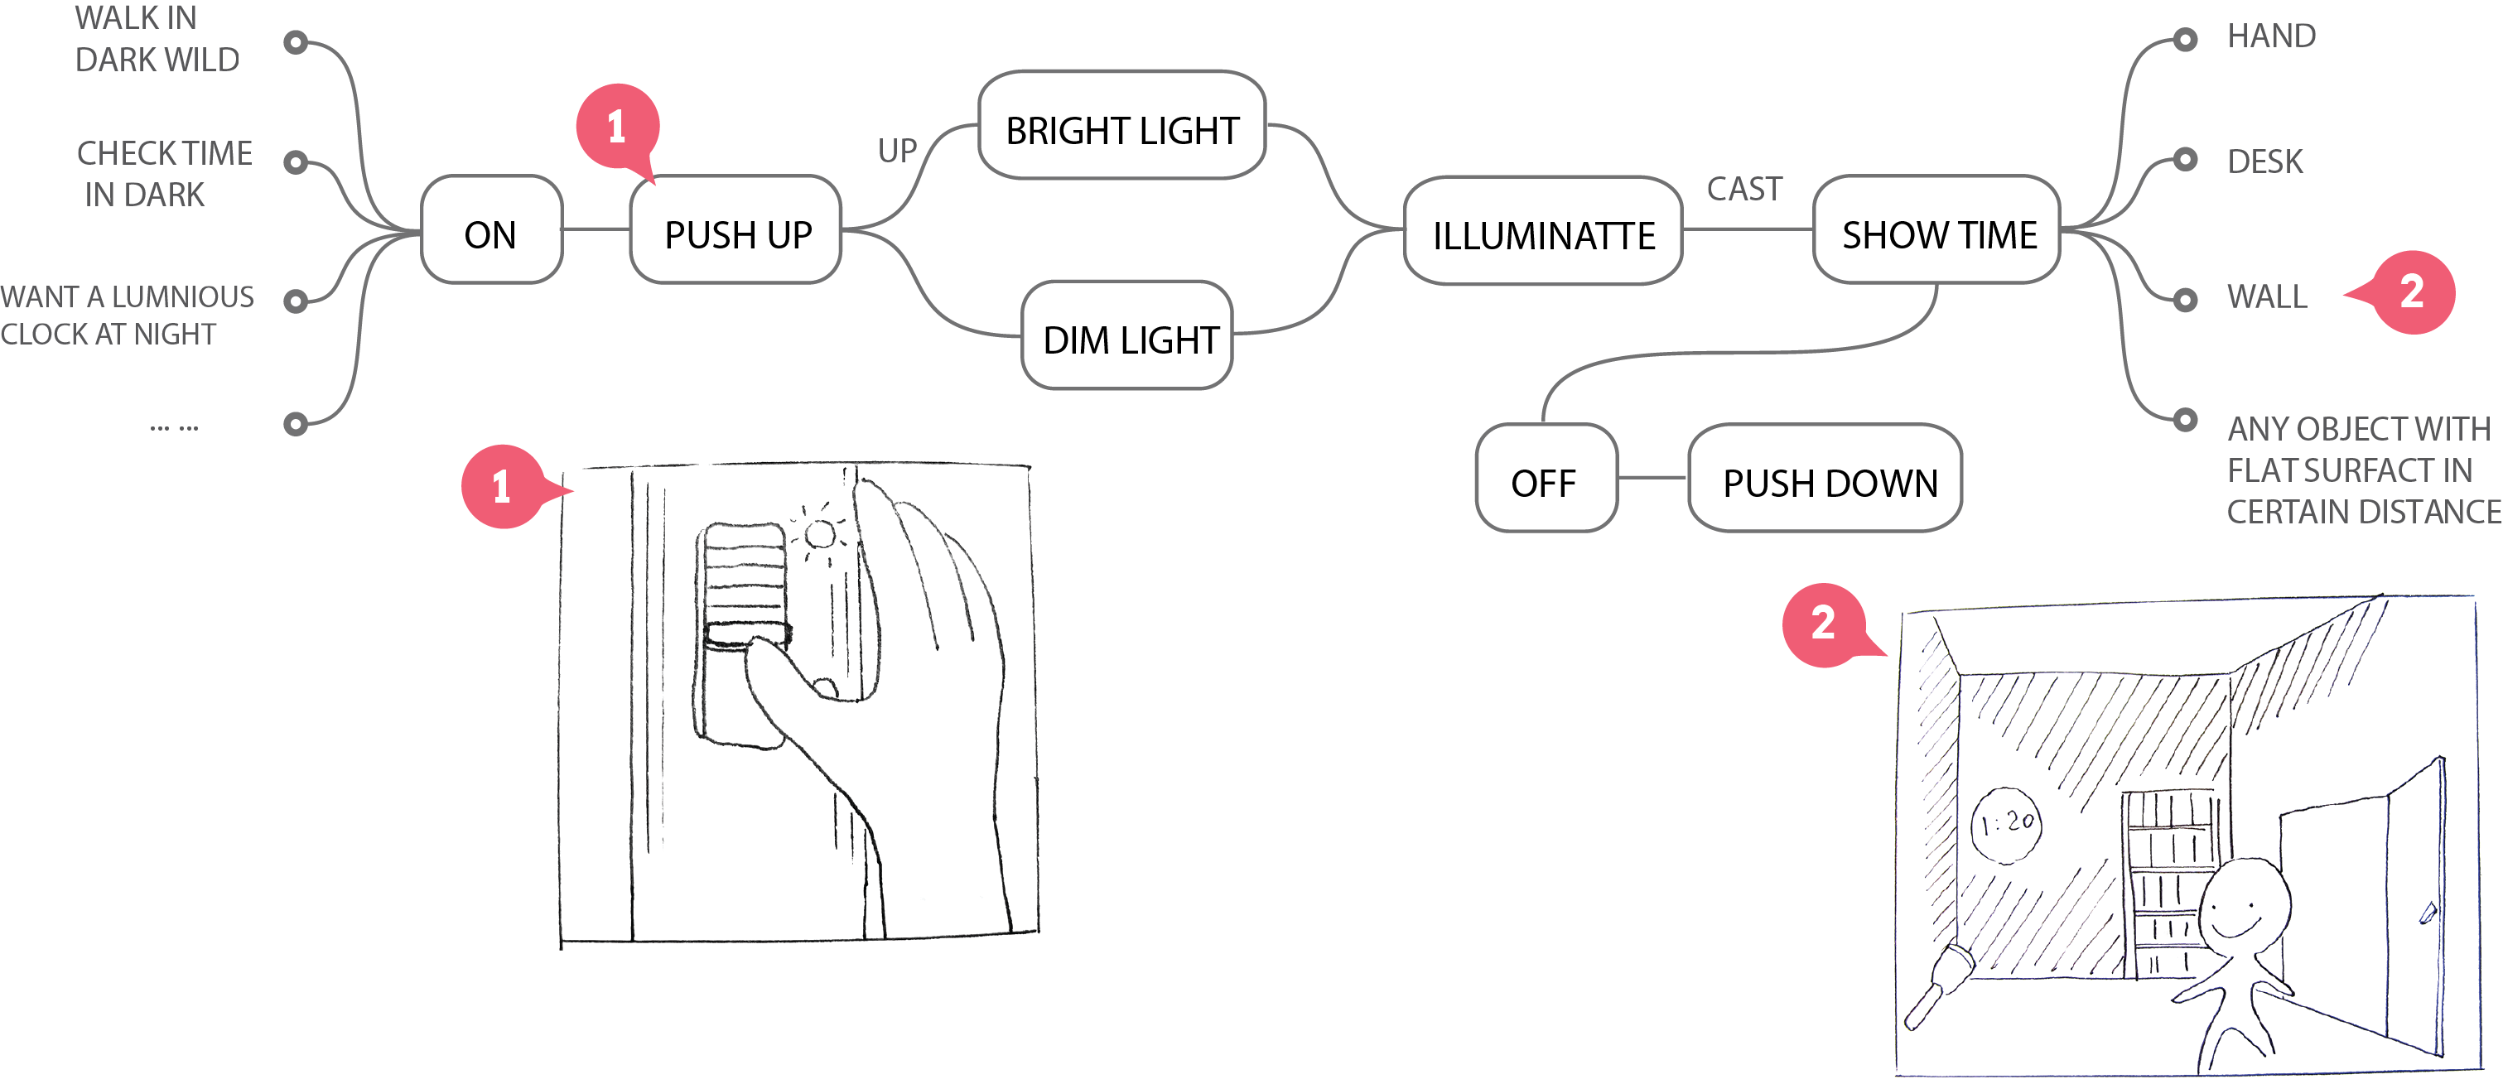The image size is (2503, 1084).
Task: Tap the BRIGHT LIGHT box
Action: pyautogui.click(x=1121, y=126)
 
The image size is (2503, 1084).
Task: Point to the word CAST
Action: pyautogui.click(x=1744, y=189)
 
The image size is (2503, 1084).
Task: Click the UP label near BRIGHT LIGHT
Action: pyautogui.click(x=897, y=151)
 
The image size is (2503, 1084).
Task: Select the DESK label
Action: pyautogui.click(x=2264, y=161)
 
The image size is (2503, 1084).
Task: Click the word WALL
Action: pyautogui.click(x=2266, y=296)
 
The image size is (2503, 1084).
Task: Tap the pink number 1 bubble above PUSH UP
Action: pyautogui.click(x=617, y=126)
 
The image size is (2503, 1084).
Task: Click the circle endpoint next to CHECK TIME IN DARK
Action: pyautogui.click(x=296, y=162)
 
